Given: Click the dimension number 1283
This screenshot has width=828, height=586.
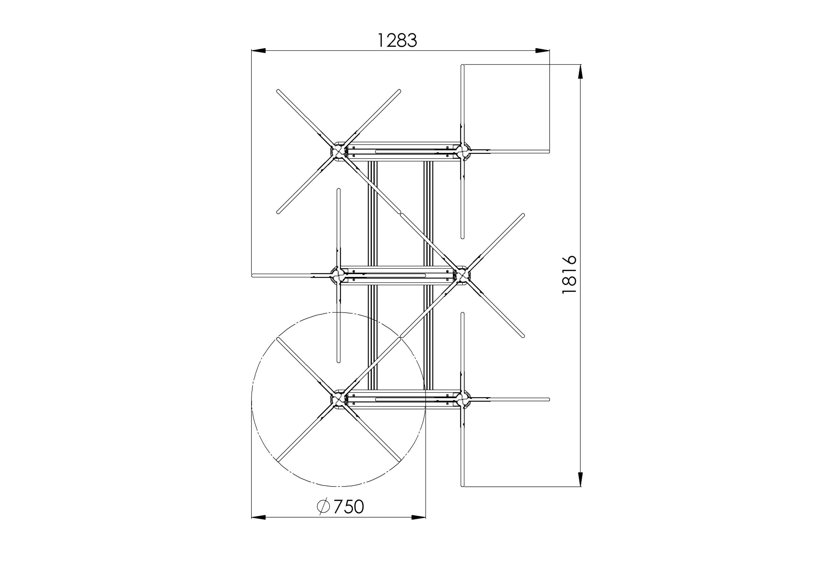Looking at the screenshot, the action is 397,40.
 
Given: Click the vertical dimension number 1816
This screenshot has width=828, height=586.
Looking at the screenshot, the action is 570,275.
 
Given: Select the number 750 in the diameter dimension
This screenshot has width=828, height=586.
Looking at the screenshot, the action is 348,507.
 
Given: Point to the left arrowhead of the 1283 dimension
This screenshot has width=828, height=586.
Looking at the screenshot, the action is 258,51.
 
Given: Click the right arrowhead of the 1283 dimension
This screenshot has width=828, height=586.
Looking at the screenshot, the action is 542,51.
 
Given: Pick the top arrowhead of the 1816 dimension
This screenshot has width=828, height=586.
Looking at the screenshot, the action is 580,72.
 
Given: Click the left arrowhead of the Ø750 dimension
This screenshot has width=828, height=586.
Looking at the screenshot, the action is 258,518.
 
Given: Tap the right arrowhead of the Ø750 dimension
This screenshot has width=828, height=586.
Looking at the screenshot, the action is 418,518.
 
